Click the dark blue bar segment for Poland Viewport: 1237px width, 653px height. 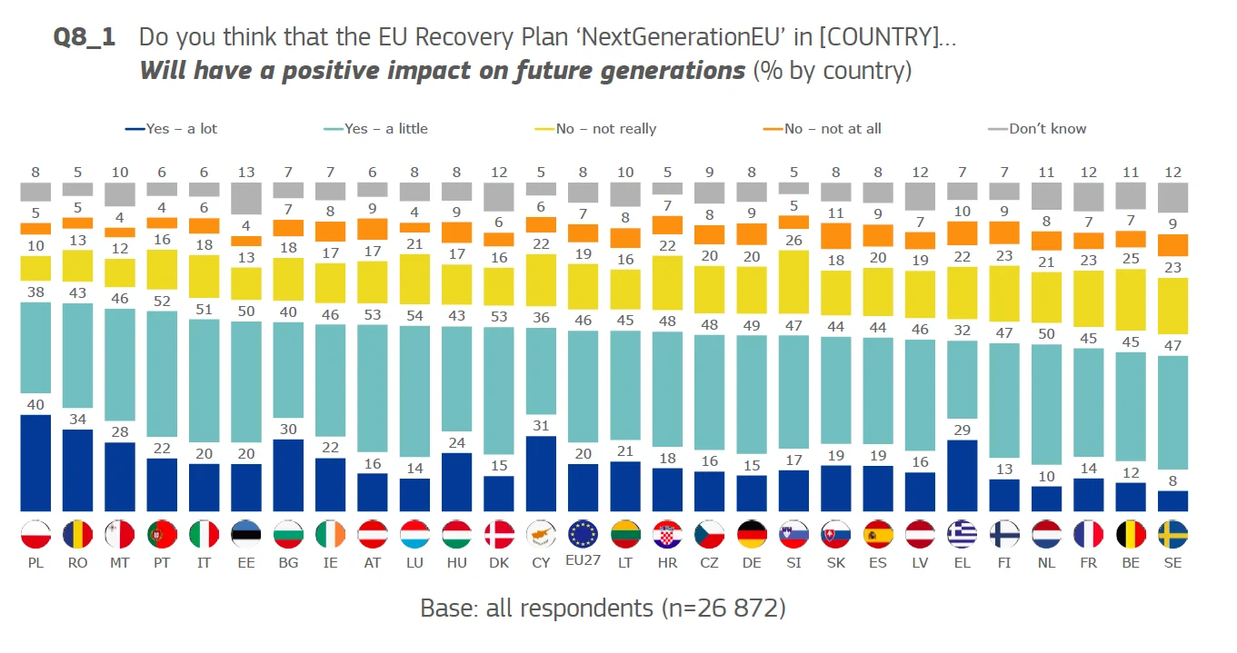(x=35, y=463)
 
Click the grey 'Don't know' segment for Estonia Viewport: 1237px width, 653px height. (x=245, y=198)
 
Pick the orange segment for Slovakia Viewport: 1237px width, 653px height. (x=834, y=235)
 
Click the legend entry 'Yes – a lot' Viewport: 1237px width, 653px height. (x=172, y=129)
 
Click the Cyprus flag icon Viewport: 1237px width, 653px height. (x=541, y=534)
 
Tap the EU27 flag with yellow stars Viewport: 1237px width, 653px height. (x=583, y=534)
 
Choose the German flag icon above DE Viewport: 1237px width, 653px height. (x=751, y=534)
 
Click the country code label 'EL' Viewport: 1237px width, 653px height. (x=962, y=563)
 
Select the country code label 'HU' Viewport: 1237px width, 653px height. (x=456, y=563)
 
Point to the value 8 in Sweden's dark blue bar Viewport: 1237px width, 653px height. (x=1173, y=481)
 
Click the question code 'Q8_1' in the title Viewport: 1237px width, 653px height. (x=85, y=38)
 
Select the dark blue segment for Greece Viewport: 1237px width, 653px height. (x=962, y=476)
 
